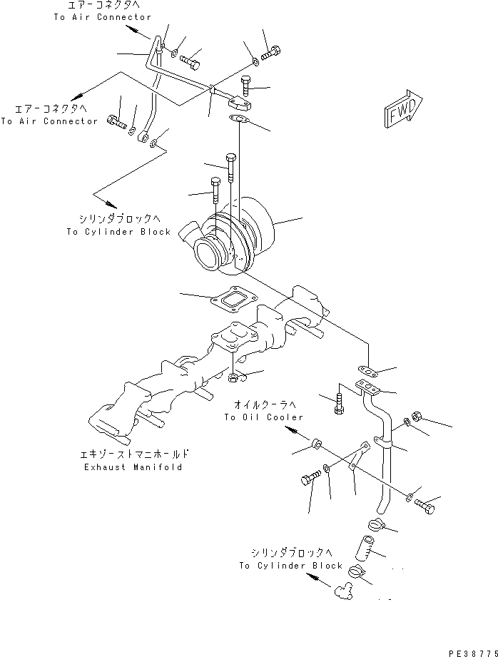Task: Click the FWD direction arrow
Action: tap(404, 111)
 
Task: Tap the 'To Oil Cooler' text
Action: tap(263, 417)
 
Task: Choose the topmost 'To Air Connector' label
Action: tap(103, 16)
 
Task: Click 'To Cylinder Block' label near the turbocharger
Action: tap(118, 232)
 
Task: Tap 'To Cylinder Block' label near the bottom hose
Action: tap(291, 566)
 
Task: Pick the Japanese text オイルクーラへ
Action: tap(263, 404)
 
